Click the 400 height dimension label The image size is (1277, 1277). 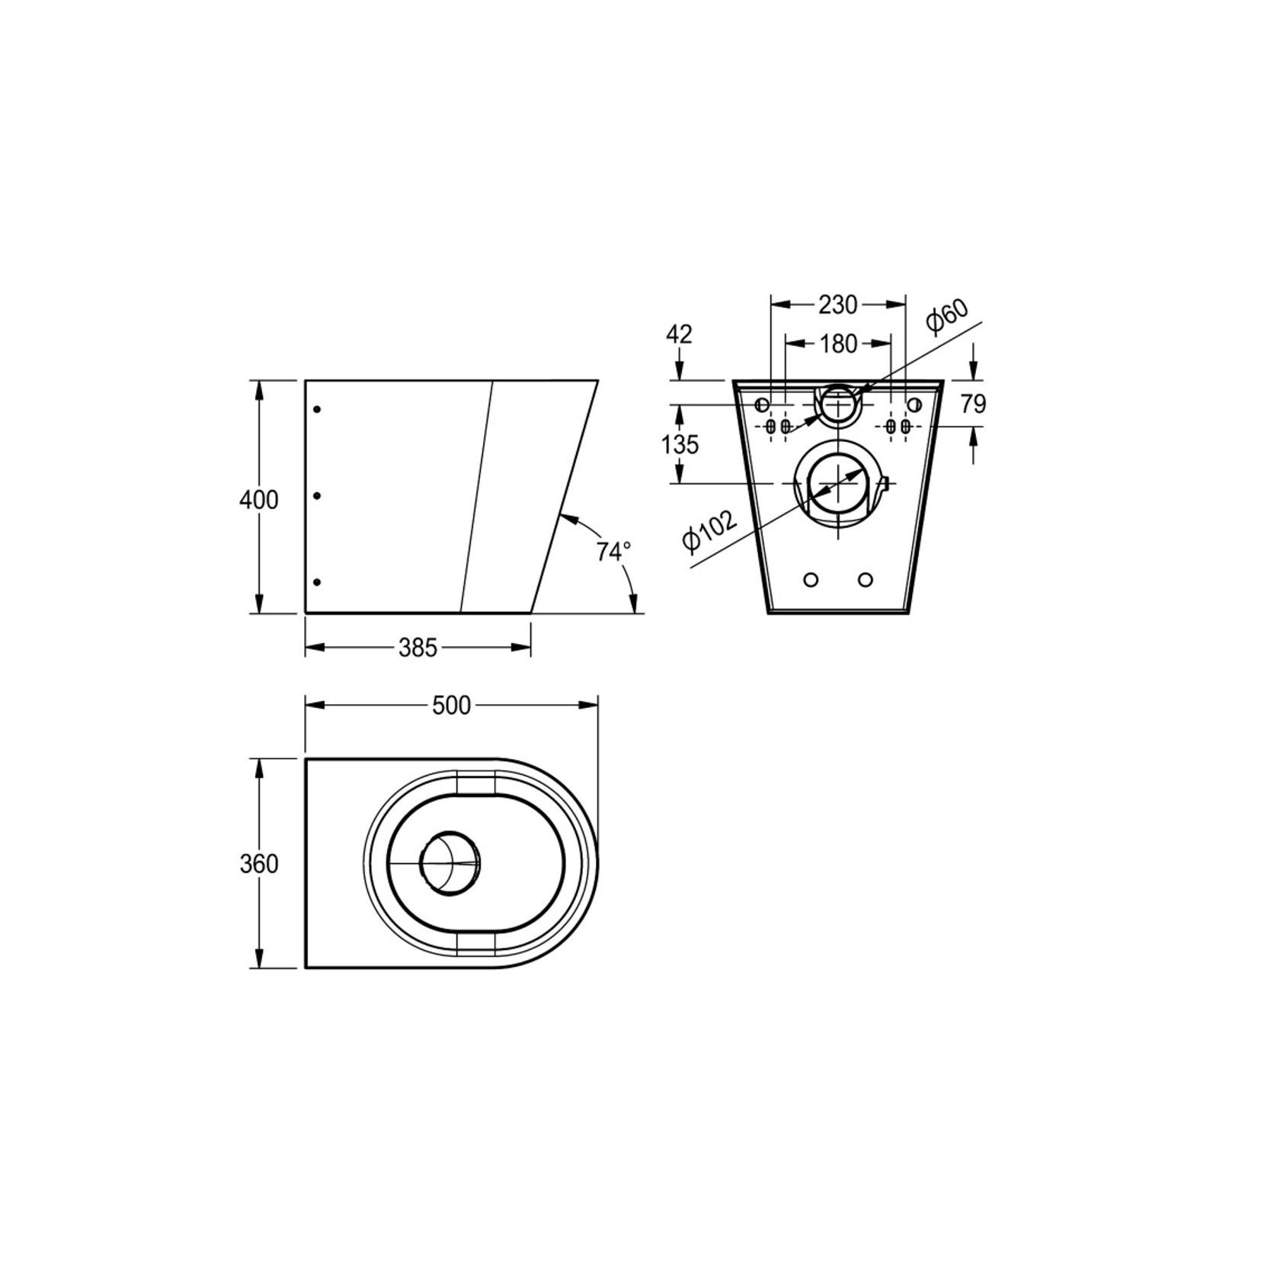(259, 501)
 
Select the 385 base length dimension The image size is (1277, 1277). (418, 648)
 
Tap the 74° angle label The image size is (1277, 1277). (613, 551)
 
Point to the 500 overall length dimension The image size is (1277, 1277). (452, 706)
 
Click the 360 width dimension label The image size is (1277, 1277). (259, 864)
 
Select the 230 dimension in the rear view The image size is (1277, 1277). (838, 305)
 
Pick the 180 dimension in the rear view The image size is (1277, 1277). (838, 344)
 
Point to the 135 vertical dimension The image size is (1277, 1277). (680, 444)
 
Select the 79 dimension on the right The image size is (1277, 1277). (973, 404)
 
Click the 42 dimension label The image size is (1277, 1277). (679, 334)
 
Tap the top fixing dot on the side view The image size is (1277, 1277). (318, 410)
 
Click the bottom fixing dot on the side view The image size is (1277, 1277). (318, 582)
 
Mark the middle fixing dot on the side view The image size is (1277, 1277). (318, 496)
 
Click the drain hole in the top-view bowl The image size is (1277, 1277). (450, 863)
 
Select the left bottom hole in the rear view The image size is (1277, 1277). (811, 580)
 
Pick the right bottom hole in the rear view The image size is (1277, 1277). (865, 580)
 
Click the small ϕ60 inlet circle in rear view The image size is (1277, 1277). (838, 405)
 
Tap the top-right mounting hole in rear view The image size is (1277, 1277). (914, 405)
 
